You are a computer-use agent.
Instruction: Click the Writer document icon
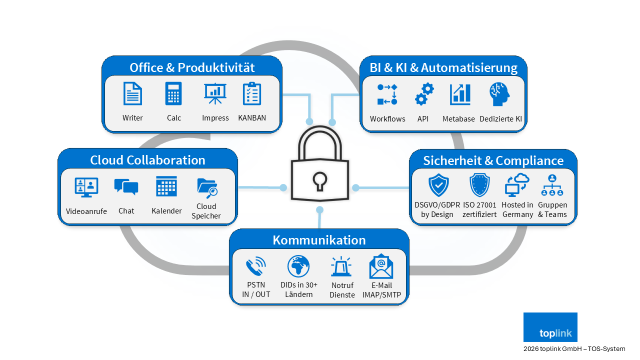click(132, 93)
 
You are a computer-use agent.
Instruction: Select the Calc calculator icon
click(173, 93)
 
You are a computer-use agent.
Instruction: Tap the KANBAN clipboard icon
click(252, 93)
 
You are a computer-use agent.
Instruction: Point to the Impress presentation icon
click(215, 93)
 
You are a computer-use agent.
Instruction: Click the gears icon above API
click(424, 94)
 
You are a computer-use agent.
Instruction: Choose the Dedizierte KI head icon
click(500, 94)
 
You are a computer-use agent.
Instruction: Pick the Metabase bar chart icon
click(460, 94)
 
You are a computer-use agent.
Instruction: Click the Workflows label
click(387, 119)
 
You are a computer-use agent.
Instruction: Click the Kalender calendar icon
click(166, 186)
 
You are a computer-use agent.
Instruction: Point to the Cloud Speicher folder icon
click(207, 188)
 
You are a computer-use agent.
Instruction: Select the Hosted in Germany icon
click(517, 184)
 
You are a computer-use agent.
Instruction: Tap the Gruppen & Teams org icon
click(552, 185)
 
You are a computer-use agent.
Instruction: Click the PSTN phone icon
click(256, 266)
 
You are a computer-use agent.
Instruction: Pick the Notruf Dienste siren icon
click(341, 266)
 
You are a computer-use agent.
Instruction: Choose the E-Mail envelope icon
click(381, 266)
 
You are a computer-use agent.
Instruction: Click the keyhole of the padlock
click(319, 180)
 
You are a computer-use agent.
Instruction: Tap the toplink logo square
click(550, 327)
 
